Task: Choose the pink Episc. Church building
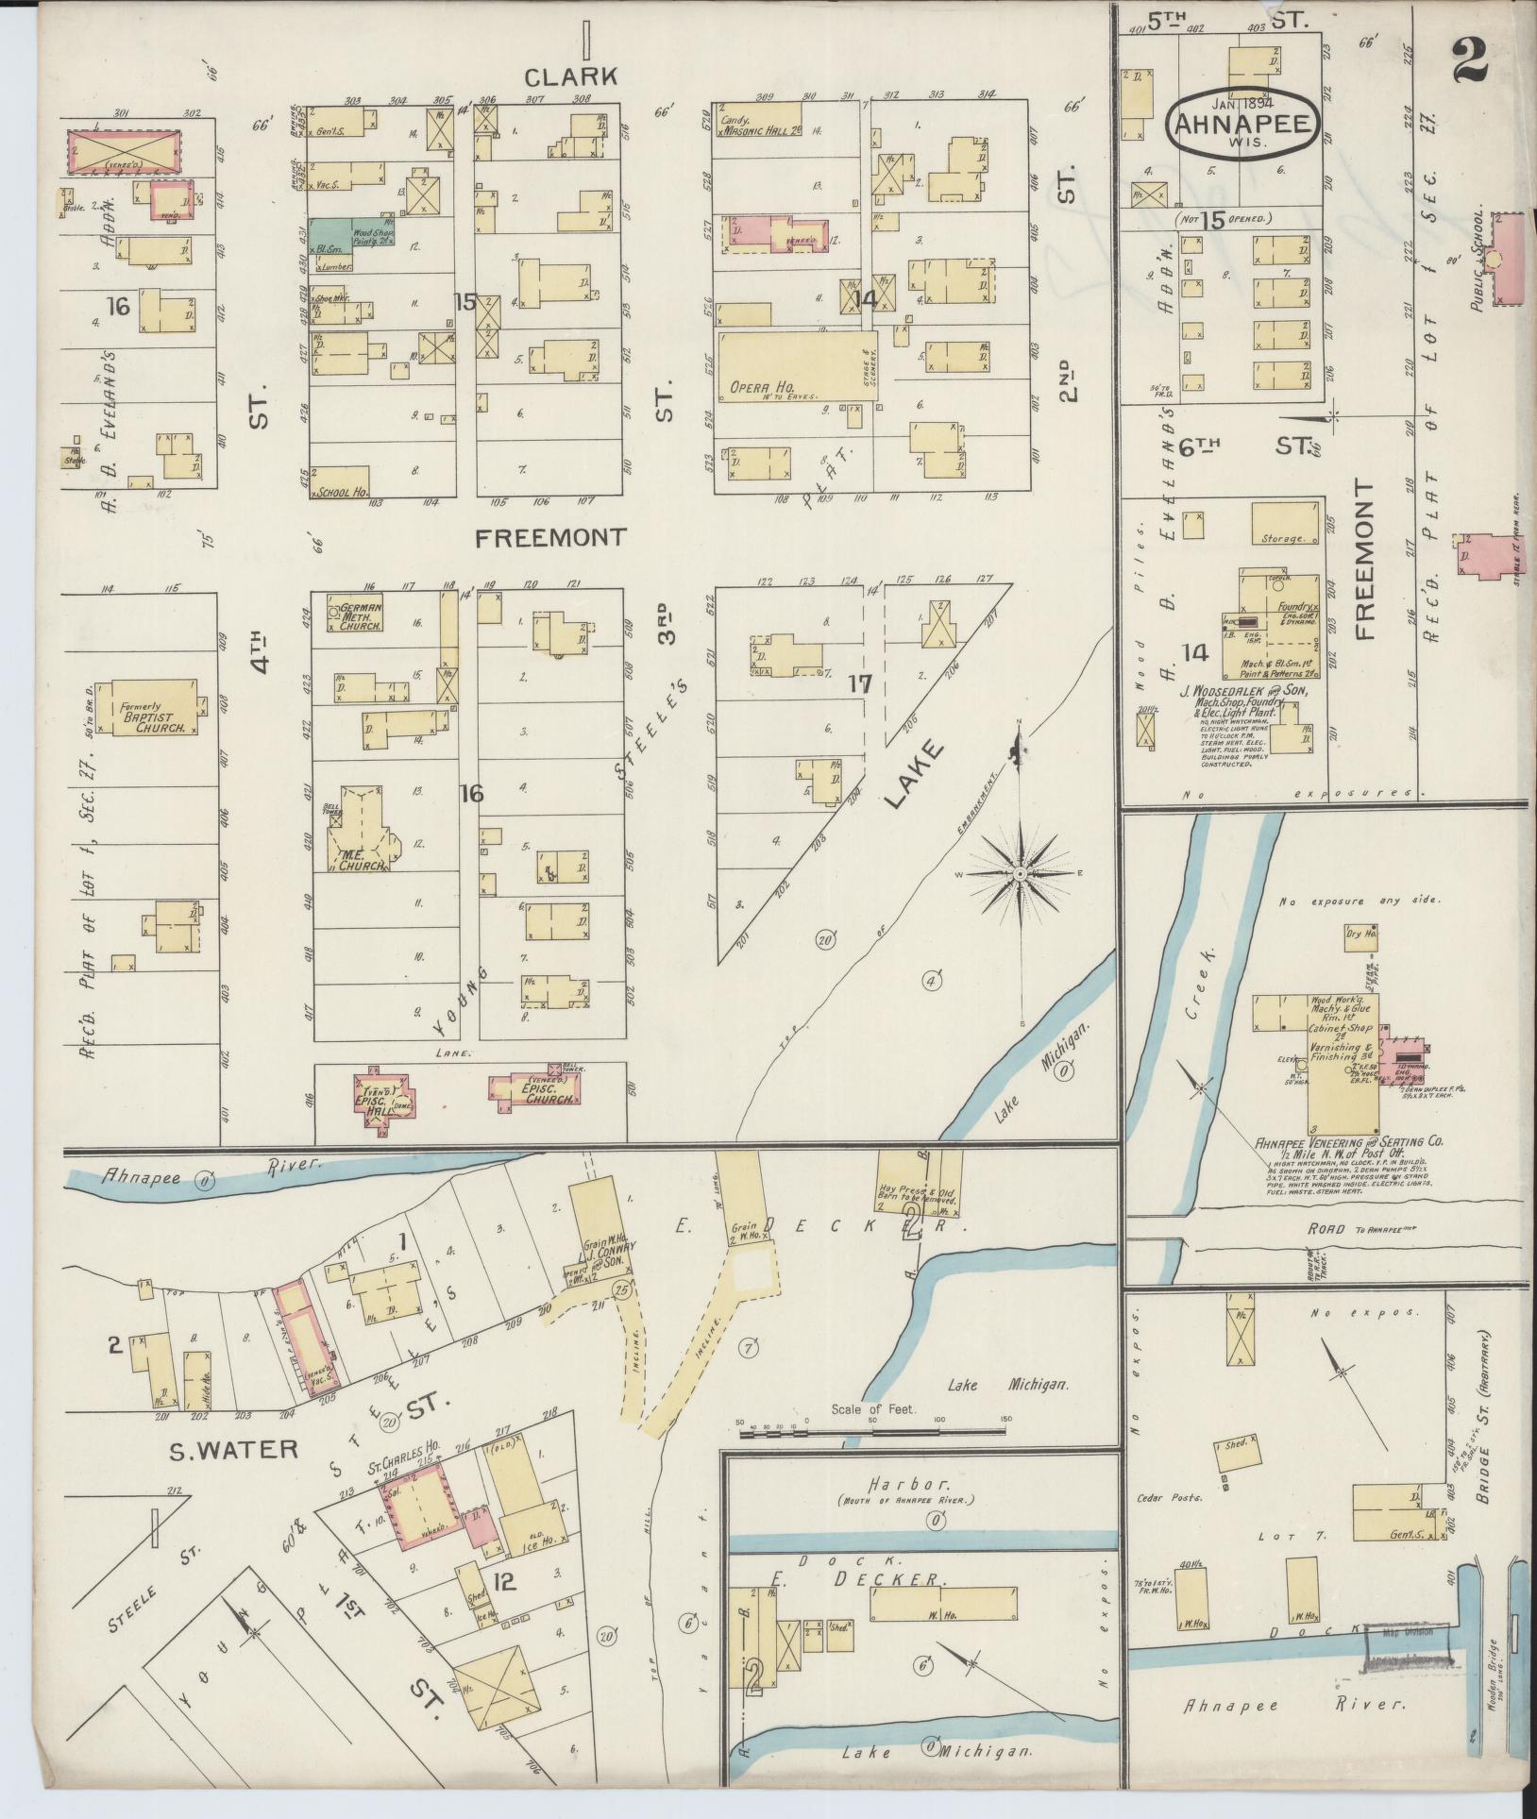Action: [x=534, y=1089]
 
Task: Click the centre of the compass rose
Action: [x=1020, y=875]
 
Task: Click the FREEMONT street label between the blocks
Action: [x=549, y=538]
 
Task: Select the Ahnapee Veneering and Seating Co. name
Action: [x=1348, y=1142]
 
